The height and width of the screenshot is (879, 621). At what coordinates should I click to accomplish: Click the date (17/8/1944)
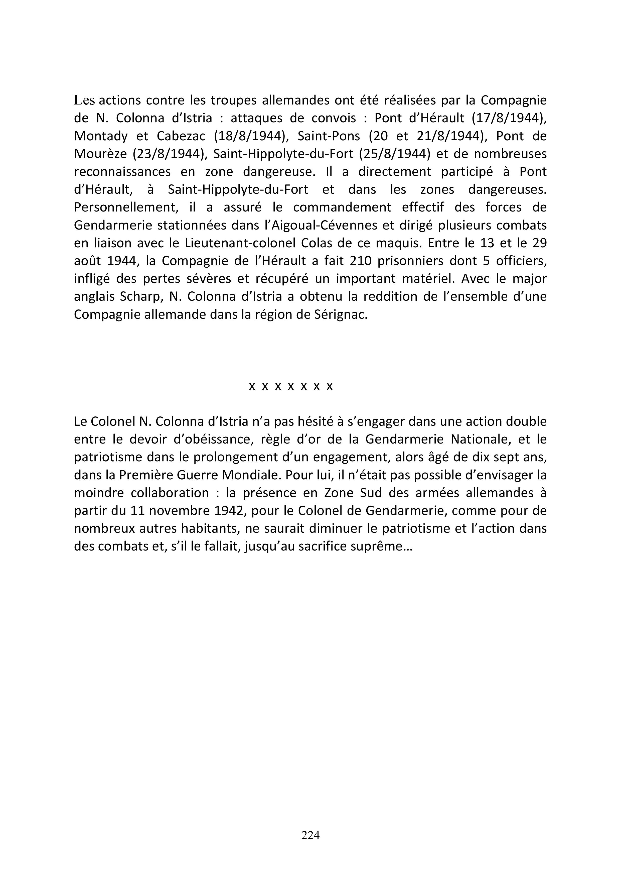point(509,118)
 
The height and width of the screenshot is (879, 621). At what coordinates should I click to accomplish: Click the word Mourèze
point(100,154)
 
